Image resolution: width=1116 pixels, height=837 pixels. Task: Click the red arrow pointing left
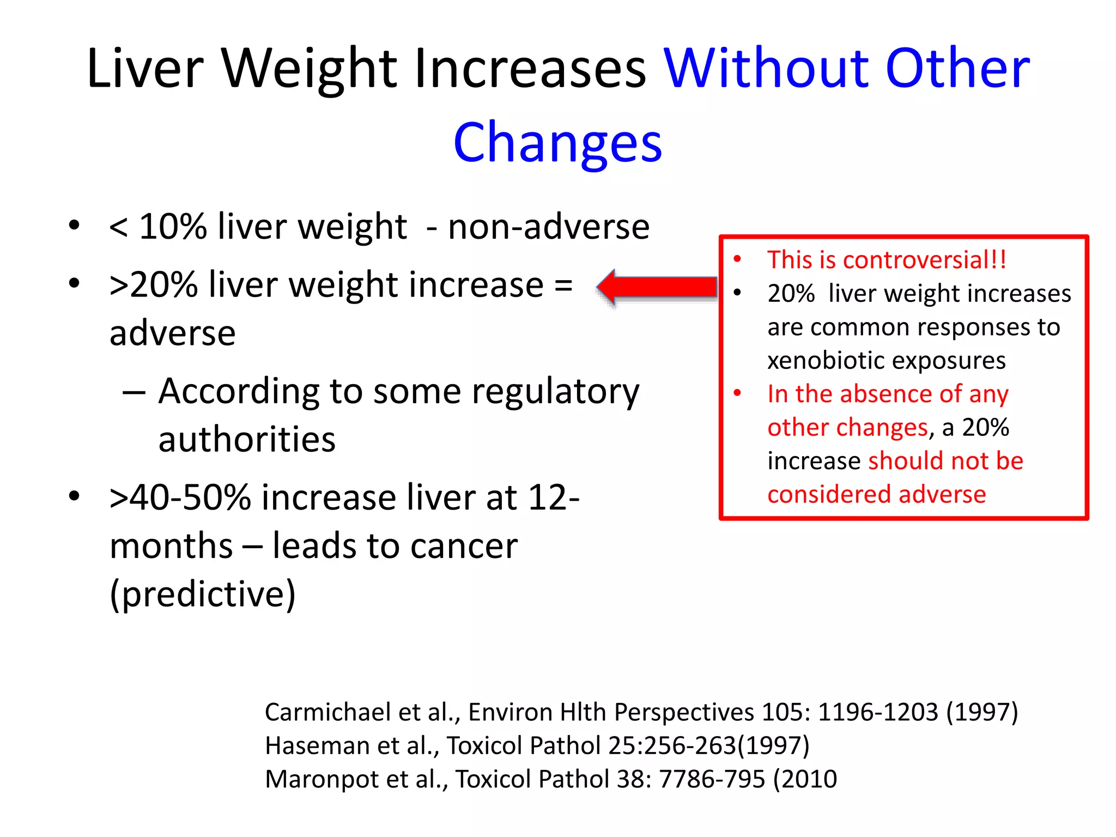[x=657, y=287]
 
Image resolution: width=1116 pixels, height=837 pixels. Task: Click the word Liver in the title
[x=145, y=69]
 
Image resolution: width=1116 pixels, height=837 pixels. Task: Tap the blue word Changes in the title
[x=557, y=143]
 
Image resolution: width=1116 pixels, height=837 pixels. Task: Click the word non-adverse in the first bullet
[x=548, y=227]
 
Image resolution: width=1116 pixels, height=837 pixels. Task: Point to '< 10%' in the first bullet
[x=158, y=227]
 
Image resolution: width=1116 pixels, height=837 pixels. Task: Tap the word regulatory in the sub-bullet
[x=555, y=392]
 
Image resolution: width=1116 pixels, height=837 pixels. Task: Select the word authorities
[x=247, y=440]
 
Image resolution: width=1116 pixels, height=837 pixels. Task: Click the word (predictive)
[x=203, y=594]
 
